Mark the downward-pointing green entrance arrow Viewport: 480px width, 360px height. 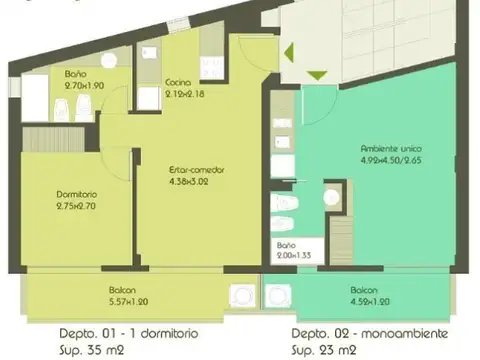coord(316,75)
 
